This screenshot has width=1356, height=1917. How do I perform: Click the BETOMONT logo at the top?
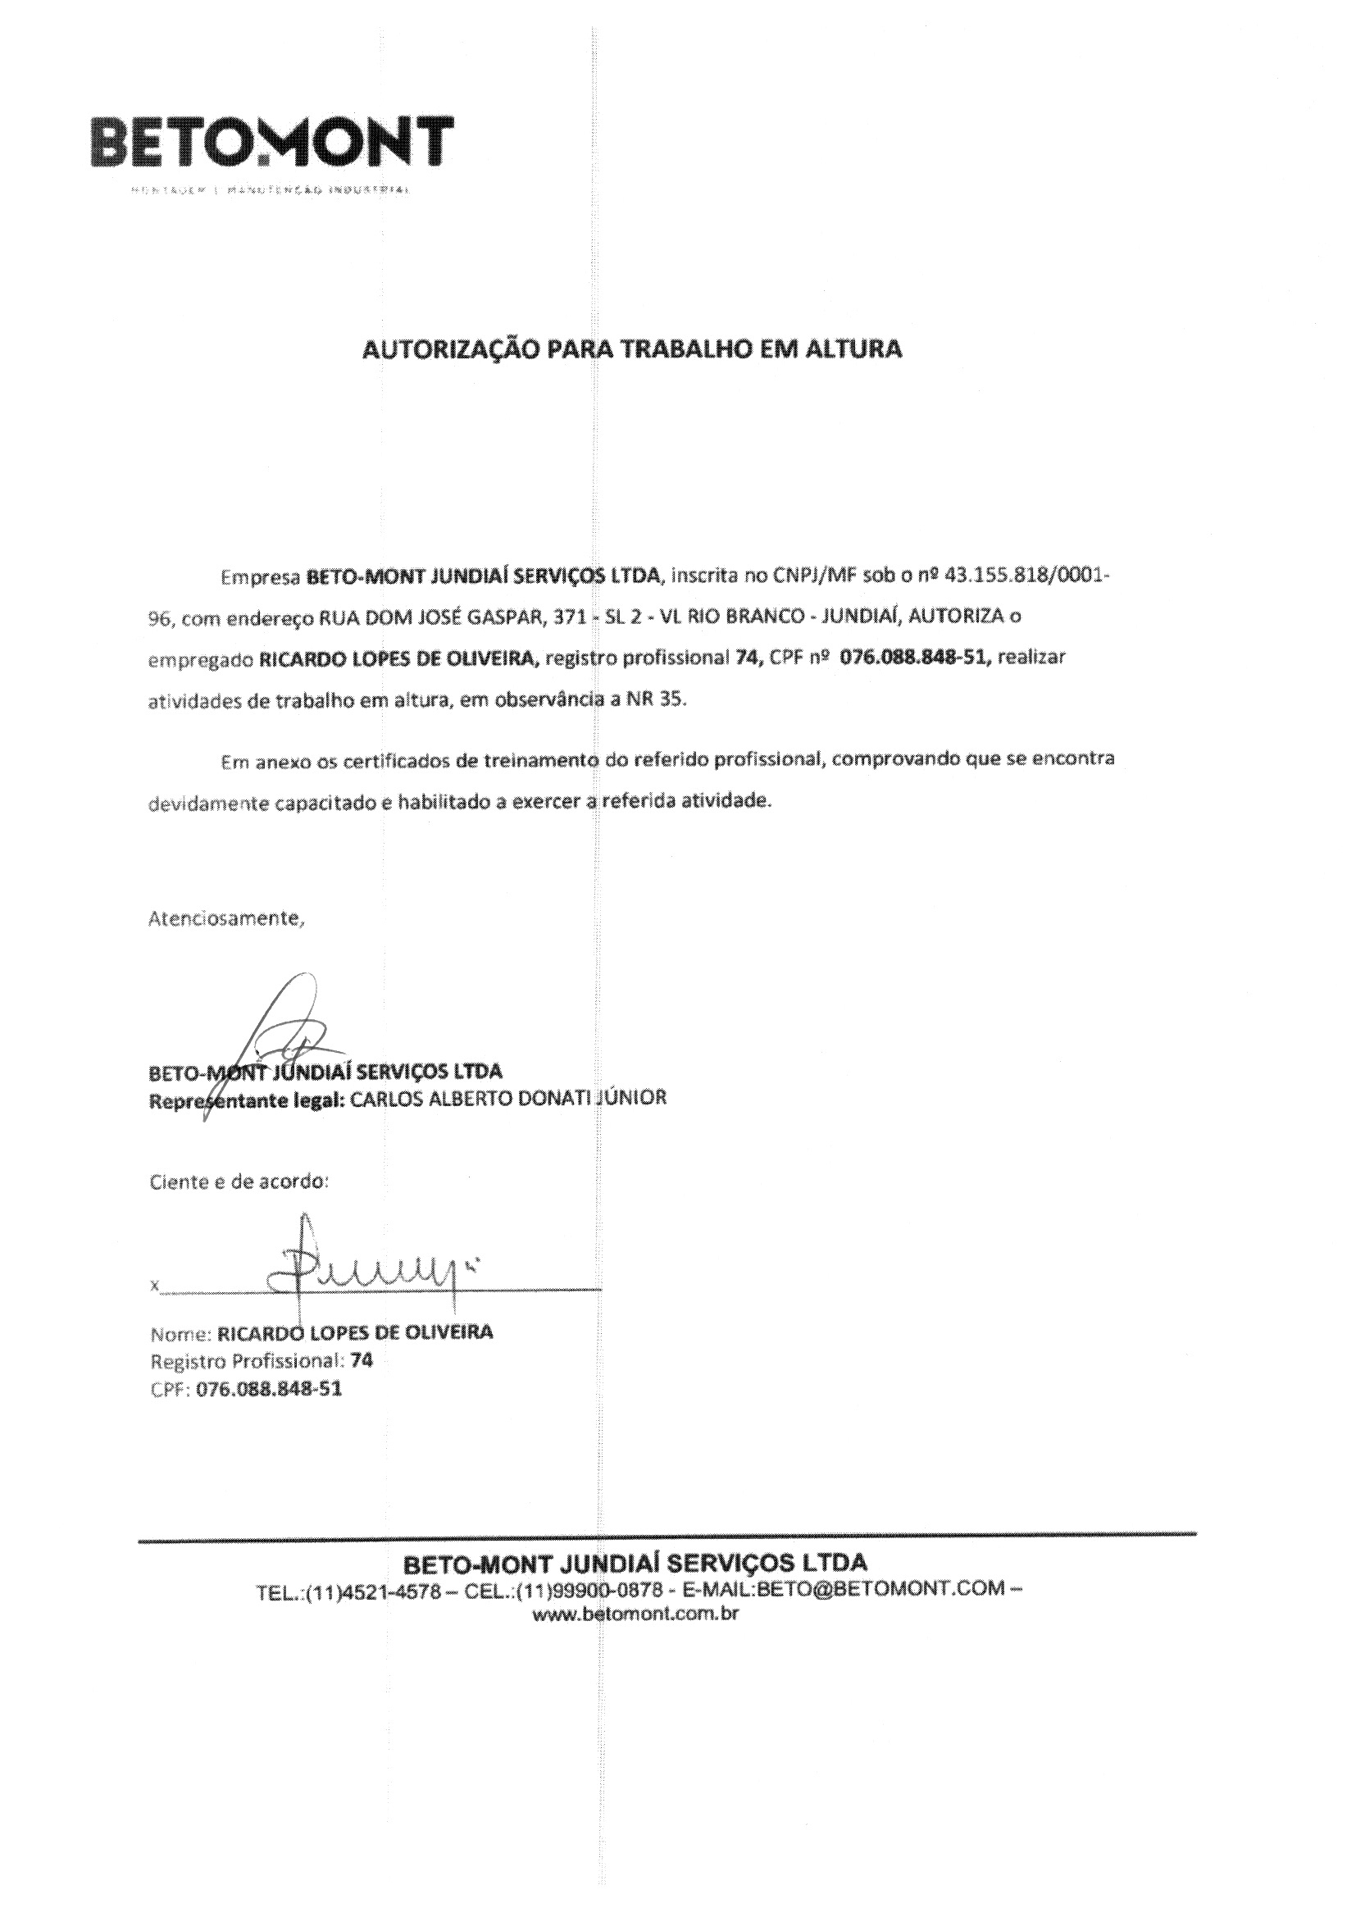(x=273, y=142)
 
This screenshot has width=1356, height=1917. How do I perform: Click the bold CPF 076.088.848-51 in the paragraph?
(x=915, y=658)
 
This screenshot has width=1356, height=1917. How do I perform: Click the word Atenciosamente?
(x=227, y=918)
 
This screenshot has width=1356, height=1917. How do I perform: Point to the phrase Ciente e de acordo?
(x=239, y=1182)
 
